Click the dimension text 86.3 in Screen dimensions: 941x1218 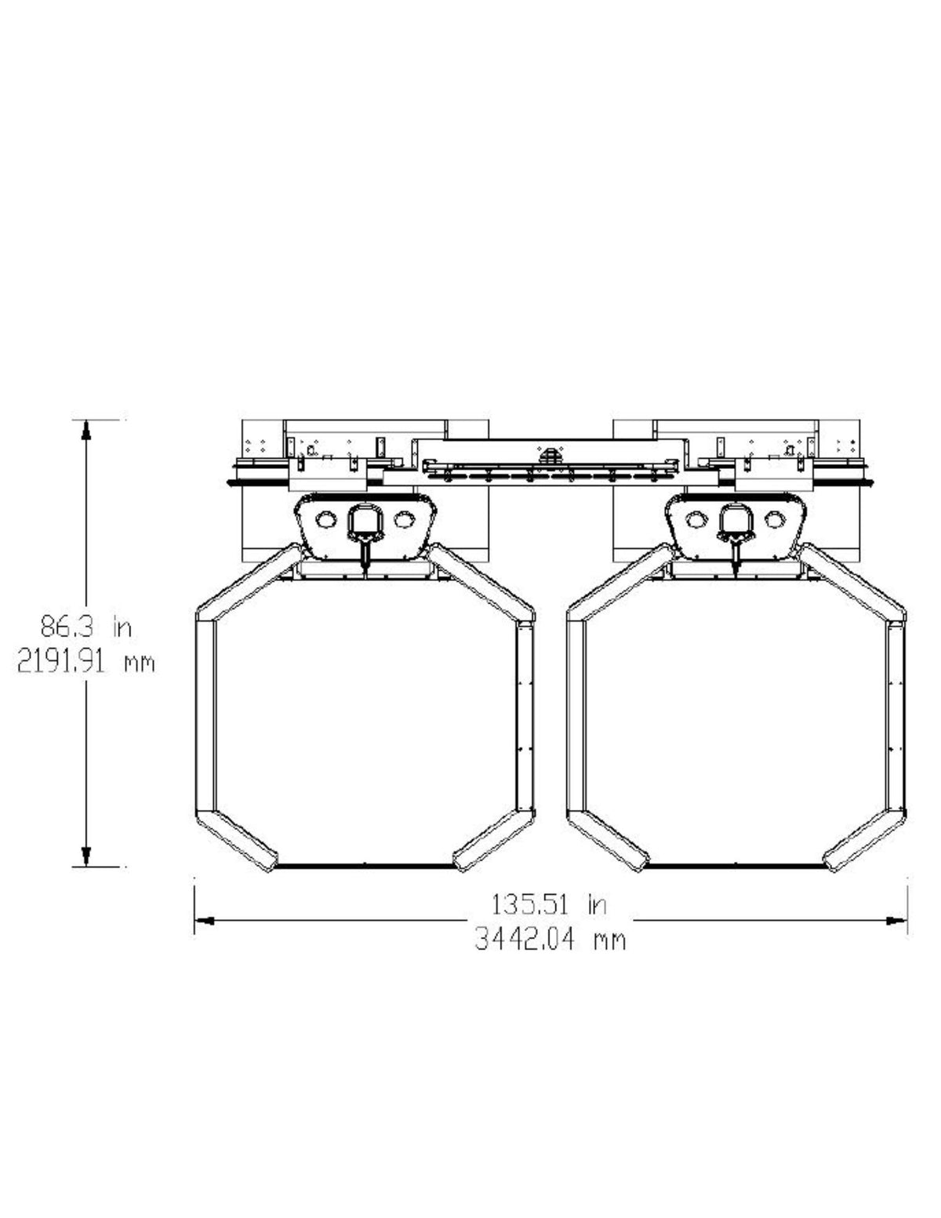86,626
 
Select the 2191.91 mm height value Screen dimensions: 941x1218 85,663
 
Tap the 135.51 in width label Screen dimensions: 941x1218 549,904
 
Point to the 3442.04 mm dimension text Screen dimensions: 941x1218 550,939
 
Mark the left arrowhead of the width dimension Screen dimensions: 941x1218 204,921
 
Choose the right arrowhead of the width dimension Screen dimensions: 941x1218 896,921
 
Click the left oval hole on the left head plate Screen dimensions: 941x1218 325,520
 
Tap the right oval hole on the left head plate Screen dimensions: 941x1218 403,520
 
